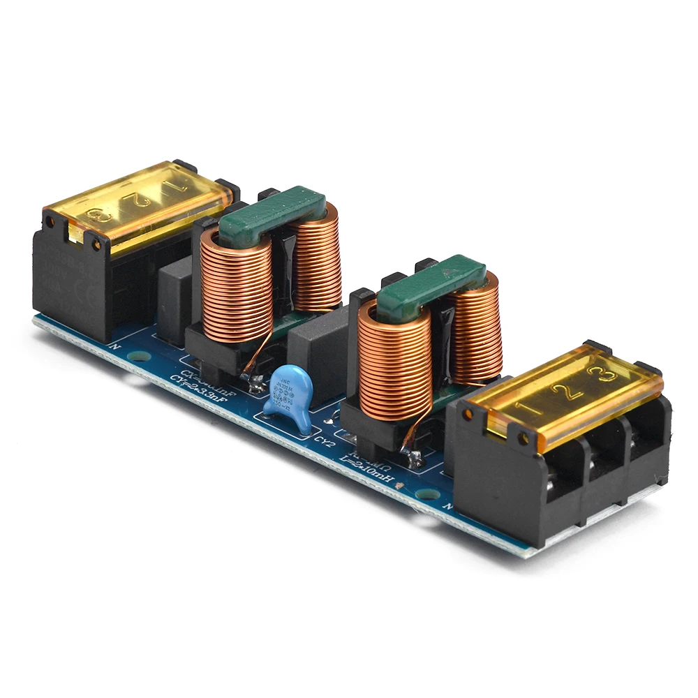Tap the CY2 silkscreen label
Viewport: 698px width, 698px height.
(x=322, y=441)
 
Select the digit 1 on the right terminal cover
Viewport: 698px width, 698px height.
(x=522, y=407)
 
